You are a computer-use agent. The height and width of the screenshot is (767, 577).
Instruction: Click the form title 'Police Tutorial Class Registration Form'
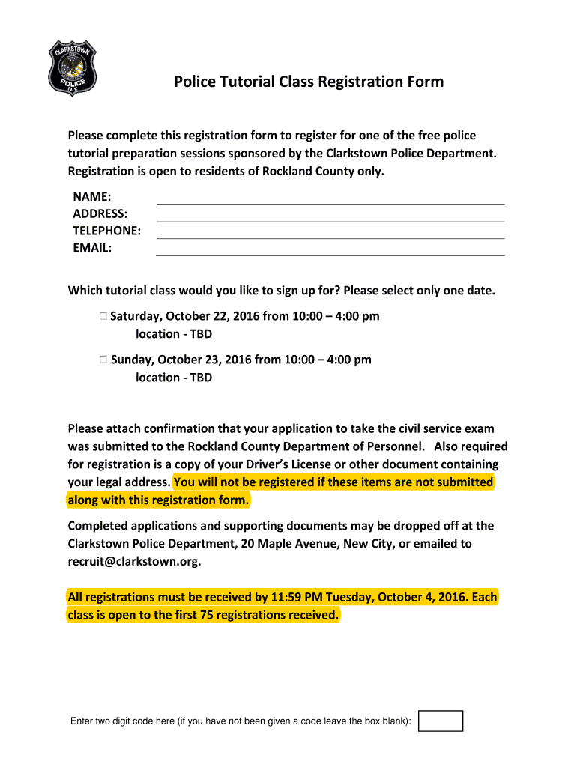pyautogui.click(x=309, y=82)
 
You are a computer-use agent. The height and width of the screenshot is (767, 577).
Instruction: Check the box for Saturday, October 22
pyautogui.click(x=103, y=316)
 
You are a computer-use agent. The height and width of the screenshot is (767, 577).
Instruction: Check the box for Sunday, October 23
pyautogui.click(x=103, y=360)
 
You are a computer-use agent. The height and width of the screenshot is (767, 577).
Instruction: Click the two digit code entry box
pyautogui.click(x=441, y=721)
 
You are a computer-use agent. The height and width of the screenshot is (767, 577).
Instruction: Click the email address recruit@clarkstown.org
pyautogui.click(x=134, y=562)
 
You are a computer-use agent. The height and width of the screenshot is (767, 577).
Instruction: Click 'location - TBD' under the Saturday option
pyautogui.click(x=174, y=334)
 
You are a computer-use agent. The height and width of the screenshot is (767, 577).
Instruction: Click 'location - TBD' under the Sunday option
pyautogui.click(x=174, y=378)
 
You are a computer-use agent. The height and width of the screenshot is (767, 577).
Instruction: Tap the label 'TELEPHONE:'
pyautogui.click(x=106, y=231)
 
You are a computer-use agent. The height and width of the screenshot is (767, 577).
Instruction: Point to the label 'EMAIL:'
pyautogui.click(x=92, y=248)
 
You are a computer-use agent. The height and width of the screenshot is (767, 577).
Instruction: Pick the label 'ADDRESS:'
pyautogui.click(x=100, y=213)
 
